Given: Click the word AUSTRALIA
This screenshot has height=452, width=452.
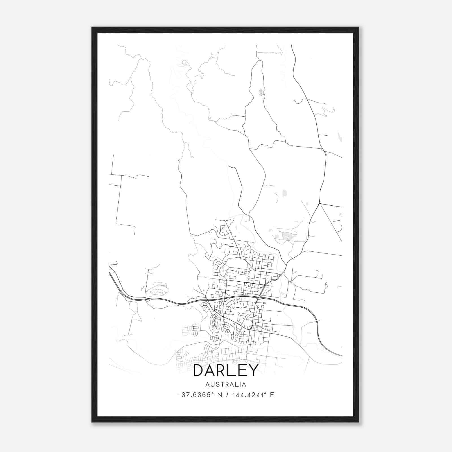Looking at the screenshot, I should [x=226, y=384].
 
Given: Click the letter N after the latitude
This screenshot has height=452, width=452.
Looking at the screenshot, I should [x=219, y=395].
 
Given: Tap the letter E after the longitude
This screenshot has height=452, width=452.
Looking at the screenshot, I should [x=272, y=395].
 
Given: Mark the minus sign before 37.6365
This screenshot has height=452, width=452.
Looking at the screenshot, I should [x=179, y=395].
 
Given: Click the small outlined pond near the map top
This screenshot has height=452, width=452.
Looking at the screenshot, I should [x=261, y=92].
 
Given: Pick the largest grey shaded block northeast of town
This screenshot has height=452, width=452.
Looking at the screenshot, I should [x=287, y=236].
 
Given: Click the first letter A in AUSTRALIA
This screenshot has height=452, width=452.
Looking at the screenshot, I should [x=208, y=384].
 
